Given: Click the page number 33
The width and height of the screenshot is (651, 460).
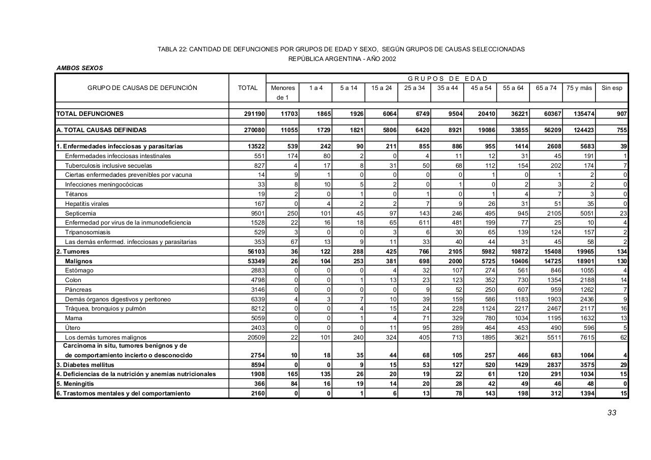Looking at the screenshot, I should [611, 413].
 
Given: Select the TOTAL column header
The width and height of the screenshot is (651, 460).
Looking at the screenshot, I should [248, 88].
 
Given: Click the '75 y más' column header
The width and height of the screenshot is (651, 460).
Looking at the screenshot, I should [579, 88].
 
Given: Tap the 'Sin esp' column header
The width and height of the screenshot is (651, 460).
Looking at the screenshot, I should [612, 88].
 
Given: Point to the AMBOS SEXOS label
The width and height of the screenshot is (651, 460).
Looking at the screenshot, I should [80, 68].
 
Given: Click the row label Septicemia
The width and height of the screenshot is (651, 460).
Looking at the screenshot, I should [80, 213].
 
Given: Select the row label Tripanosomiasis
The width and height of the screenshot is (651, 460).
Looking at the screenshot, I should [87, 232].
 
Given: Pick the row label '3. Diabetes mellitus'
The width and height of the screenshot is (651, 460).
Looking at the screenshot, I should [85, 365].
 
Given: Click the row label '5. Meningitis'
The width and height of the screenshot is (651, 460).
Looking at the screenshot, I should [75, 384].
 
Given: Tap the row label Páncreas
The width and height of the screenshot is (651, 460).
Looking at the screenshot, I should [78, 290].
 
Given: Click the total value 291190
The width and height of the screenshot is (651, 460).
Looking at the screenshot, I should [254, 114].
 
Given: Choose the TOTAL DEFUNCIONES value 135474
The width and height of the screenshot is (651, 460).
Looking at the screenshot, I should [581, 114].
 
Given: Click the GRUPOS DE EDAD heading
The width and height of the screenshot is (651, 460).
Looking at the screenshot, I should [448, 79].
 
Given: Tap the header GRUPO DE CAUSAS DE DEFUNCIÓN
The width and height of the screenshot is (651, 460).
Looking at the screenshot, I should [142, 88].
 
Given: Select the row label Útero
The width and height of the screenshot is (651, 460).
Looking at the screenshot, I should [73, 328].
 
